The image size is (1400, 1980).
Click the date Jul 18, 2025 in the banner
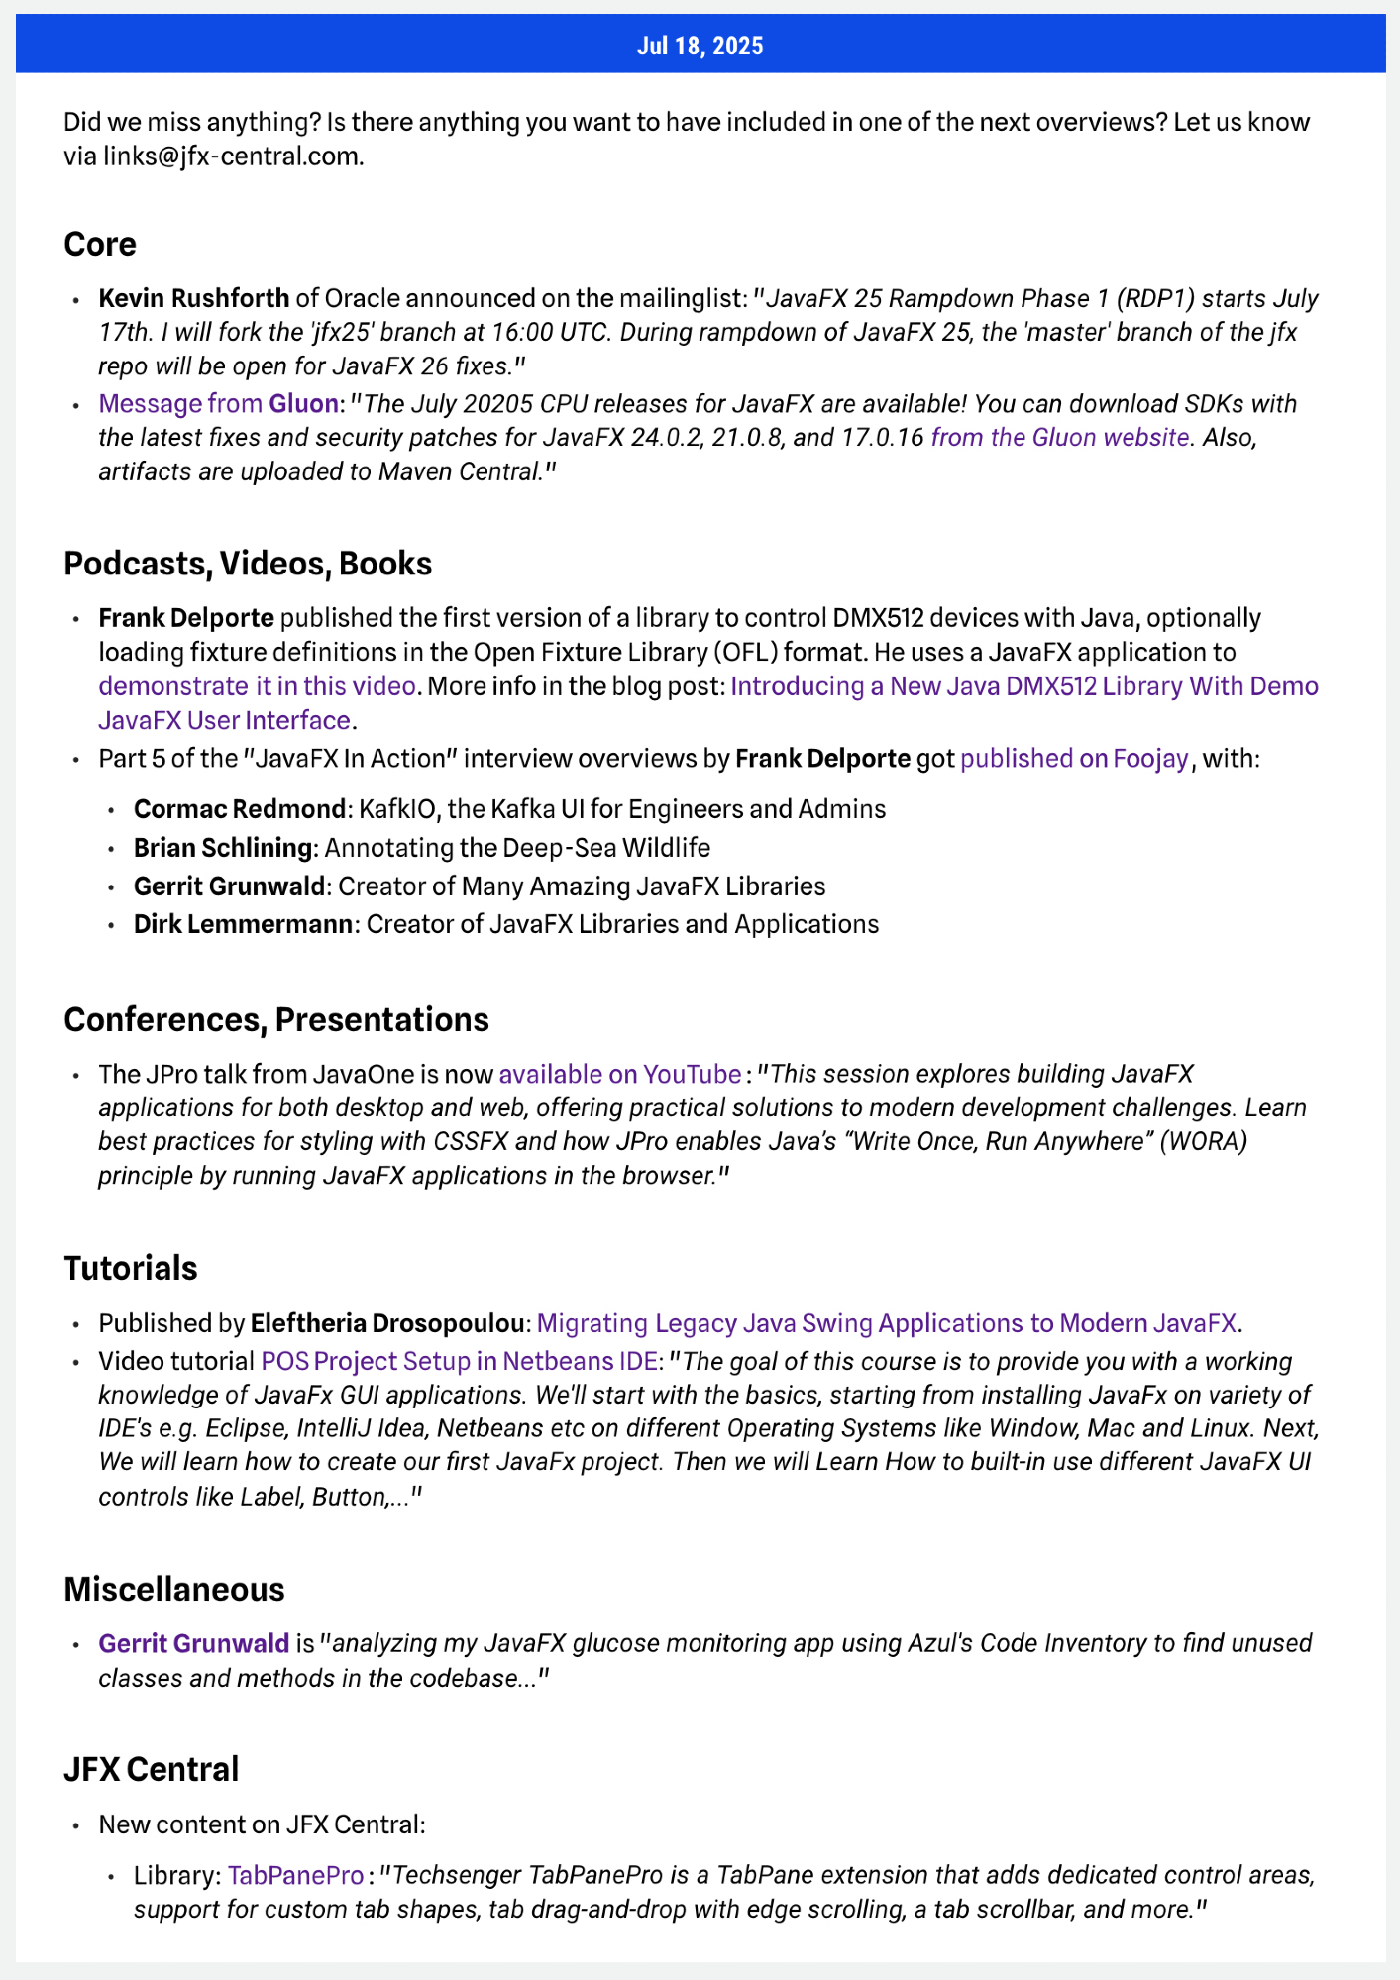[700, 46]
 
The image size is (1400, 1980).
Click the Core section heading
[99, 244]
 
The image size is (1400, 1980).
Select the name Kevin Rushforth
[194, 298]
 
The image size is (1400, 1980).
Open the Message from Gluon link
[218, 404]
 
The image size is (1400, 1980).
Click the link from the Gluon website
[1059, 437]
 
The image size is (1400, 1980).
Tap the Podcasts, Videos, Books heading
[248, 563]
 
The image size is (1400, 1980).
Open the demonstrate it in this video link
[257, 686]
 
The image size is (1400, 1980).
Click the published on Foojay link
[1074, 759]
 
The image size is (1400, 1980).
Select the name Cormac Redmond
[239, 809]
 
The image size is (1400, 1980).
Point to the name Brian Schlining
[223, 848]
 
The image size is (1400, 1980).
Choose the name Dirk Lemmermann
[243, 924]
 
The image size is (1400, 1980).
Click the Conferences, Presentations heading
[275, 1019]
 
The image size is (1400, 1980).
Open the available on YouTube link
[619, 1075]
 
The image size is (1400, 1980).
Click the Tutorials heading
[130, 1268]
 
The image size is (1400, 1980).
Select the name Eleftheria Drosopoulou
[386, 1323]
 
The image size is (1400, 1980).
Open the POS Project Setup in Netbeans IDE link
[459, 1361]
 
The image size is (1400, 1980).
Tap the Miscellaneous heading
[173, 1589]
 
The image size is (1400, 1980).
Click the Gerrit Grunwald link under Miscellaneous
[193, 1644]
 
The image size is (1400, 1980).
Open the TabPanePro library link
[295, 1875]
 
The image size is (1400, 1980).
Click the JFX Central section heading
[151, 1768]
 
